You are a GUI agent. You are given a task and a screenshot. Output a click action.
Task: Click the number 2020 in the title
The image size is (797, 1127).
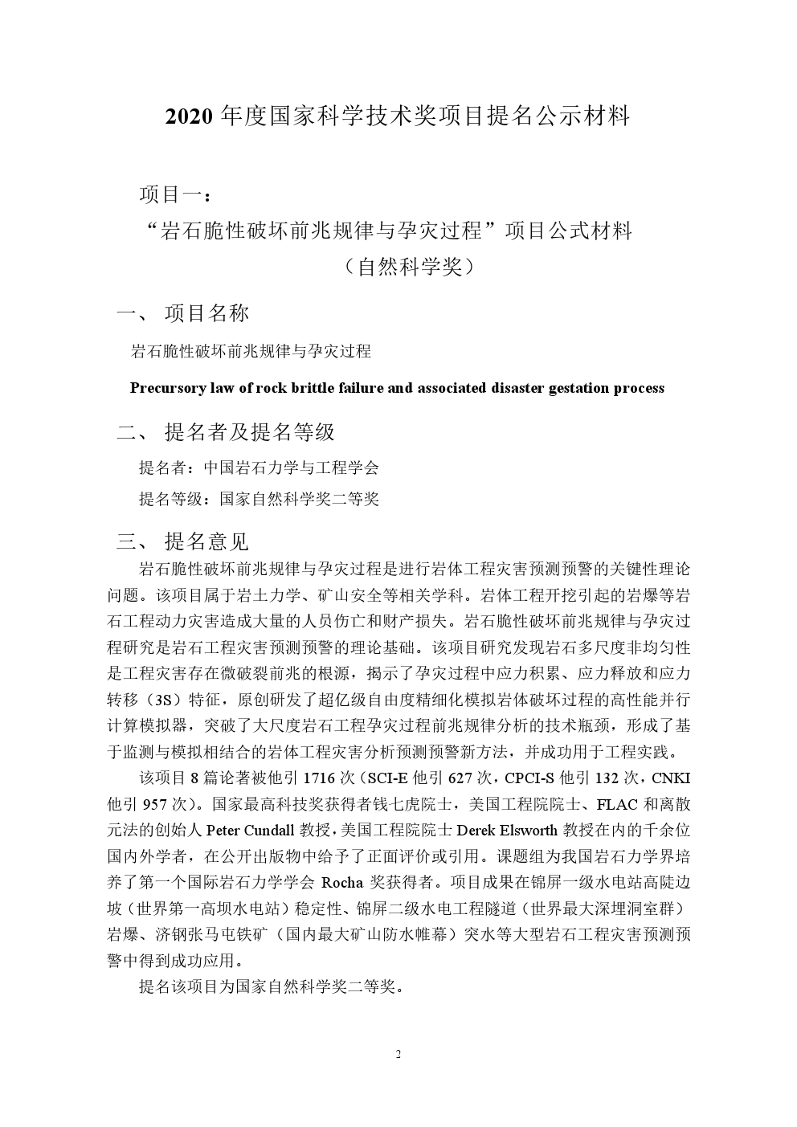pyautogui.click(x=189, y=117)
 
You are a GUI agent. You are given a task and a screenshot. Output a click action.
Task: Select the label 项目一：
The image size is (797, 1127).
pyautogui.click(x=177, y=194)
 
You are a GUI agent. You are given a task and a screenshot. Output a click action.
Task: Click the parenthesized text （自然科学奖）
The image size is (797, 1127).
pyautogui.click(x=410, y=267)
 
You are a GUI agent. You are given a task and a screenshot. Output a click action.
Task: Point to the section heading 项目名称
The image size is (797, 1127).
pyautogui.click(x=206, y=313)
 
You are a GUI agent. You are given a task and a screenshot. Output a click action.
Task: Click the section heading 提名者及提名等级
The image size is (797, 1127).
pyautogui.click(x=250, y=432)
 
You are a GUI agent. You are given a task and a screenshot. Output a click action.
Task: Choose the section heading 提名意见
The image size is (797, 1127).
pyautogui.click(x=206, y=541)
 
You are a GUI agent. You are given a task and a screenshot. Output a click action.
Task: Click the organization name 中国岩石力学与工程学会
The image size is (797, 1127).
pyautogui.click(x=291, y=468)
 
